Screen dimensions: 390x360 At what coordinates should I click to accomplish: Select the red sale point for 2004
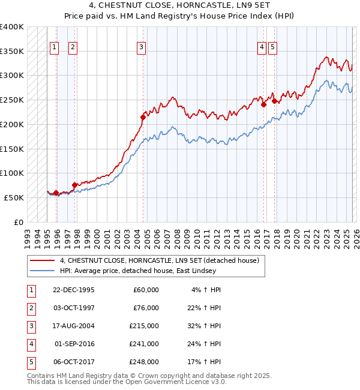(x=143, y=117)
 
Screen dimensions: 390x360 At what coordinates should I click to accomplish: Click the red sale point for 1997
(x=75, y=185)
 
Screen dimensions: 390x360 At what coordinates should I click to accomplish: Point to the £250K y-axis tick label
(x=11, y=100)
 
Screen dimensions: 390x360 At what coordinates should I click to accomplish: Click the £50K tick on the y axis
(x=14, y=197)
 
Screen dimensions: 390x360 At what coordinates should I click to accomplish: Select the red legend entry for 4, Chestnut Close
(x=159, y=260)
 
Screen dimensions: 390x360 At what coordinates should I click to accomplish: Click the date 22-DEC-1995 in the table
(x=74, y=290)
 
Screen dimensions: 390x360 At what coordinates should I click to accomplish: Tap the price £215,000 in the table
(x=144, y=326)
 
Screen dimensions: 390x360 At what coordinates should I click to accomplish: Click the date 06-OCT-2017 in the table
(x=74, y=362)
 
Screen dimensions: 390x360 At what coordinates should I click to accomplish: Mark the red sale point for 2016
(x=264, y=104)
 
